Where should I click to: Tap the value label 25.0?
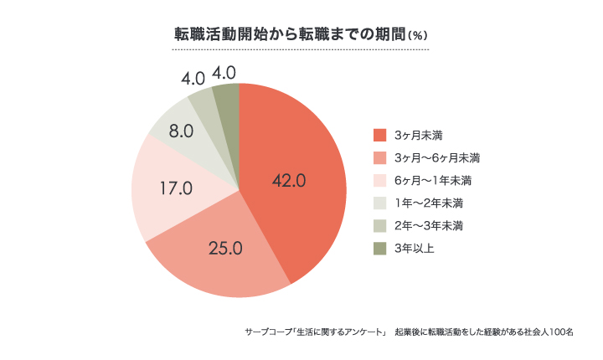click(x=225, y=247)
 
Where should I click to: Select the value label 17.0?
click(x=177, y=188)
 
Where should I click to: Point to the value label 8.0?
click(x=182, y=131)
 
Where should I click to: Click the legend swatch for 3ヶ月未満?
click(x=379, y=135)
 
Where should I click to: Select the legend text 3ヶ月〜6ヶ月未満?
click(x=436, y=157)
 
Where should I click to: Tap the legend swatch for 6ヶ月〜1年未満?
click(x=379, y=180)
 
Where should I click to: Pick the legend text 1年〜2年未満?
click(x=429, y=203)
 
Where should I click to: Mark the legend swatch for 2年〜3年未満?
click(x=379, y=225)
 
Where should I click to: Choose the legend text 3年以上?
click(x=413, y=248)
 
